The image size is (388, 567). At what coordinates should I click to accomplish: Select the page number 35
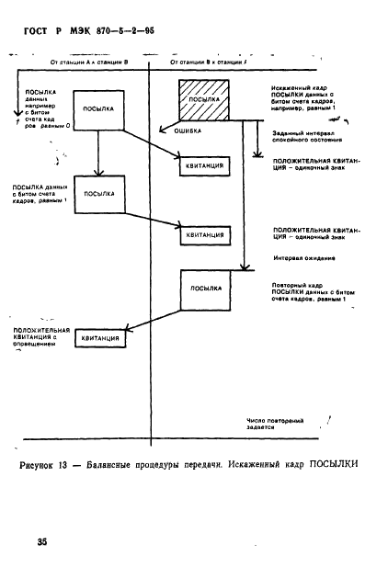(42, 543)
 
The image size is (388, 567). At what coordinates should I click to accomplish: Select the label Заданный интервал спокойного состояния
(308, 138)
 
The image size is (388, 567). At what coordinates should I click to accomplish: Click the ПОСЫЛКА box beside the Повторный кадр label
(211, 289)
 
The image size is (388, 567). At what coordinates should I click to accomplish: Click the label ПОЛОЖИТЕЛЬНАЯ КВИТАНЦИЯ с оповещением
(40, 338)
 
